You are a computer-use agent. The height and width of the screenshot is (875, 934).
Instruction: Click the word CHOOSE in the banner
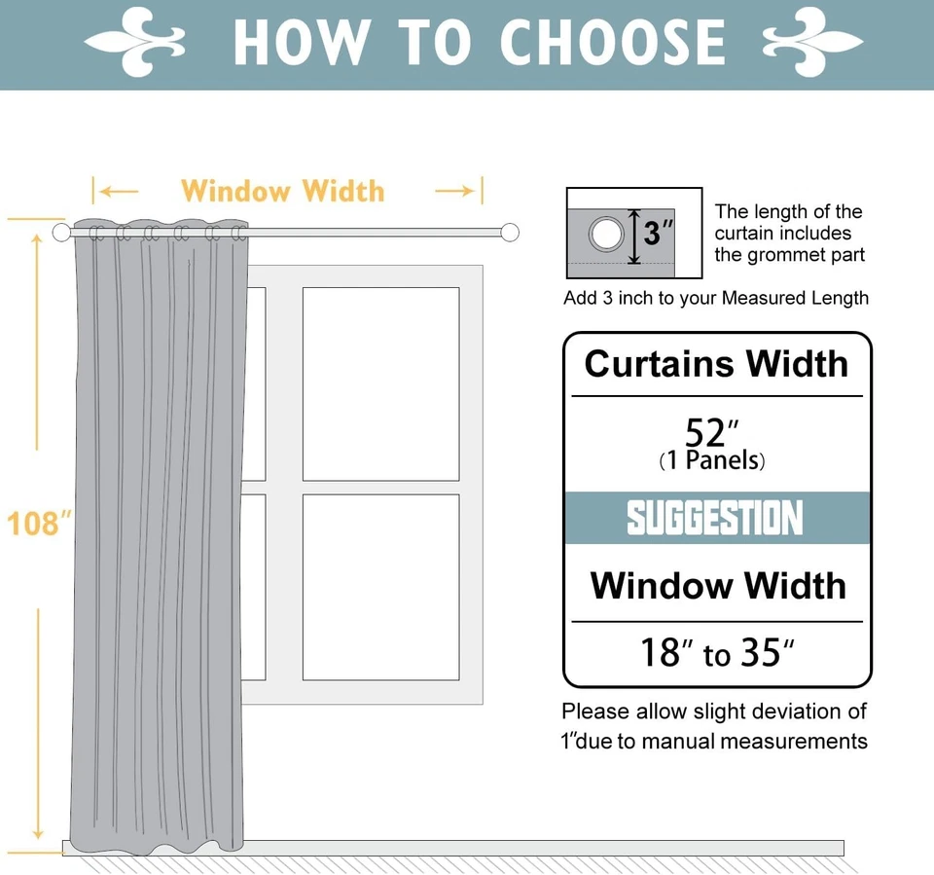613,43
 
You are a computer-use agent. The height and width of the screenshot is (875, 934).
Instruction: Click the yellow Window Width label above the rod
282,191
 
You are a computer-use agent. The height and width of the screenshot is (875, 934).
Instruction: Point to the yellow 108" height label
39,524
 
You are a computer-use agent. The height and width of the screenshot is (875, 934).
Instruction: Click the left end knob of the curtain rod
62,233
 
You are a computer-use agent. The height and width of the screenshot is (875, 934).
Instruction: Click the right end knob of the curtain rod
510,233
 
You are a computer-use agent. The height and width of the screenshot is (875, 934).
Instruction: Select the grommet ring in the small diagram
607,234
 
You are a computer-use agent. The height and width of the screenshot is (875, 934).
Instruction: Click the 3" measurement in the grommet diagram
658,234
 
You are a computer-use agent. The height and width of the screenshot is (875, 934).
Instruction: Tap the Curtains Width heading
717,364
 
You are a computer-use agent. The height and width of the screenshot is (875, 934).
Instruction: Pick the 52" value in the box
712,432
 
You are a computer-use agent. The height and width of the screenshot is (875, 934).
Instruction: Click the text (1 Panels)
712,460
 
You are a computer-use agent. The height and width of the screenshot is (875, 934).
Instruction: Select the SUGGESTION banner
716,518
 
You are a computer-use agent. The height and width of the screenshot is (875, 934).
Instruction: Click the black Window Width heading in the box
718,586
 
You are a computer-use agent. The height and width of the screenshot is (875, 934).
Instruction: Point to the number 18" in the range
666,653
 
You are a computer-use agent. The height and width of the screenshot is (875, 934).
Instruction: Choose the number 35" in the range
767,653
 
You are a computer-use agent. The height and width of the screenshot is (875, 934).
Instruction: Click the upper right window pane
380,383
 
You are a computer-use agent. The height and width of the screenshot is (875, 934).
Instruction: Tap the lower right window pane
380,587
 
